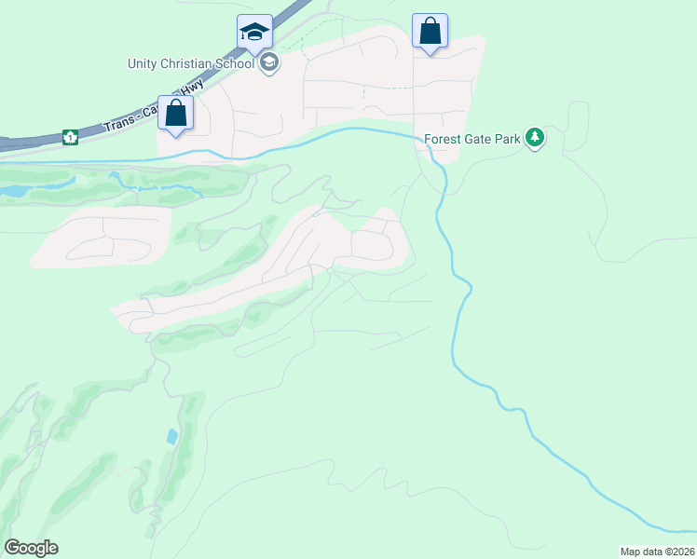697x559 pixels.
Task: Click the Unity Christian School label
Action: [x=192, y=63]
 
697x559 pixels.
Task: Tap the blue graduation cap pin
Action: [x=254, y=33]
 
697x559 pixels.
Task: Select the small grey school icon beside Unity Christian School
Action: [x=269, y=63]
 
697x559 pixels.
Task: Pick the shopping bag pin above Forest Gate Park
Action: [x=430, y=32]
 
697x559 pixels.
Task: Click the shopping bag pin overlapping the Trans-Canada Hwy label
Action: [x=175, y=115]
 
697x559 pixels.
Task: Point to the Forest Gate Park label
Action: [x=471, y=140]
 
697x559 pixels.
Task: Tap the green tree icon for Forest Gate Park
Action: [x=534, y=139]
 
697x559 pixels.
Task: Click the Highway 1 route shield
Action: [x=69, y=137]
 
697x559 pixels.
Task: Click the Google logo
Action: [x=31, y=547]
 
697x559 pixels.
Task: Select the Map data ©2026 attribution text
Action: [x=657, y=552]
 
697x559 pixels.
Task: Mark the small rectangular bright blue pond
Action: [x=171, y=436]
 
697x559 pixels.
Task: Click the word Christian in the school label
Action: [x=195, y=63]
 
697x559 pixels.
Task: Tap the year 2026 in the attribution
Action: [x=681, y=552]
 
